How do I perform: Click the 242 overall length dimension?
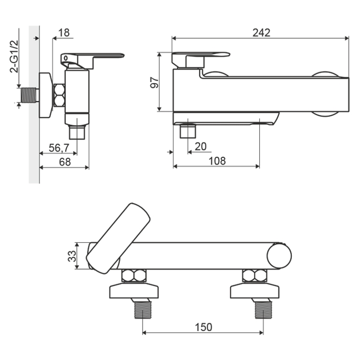[261, 33]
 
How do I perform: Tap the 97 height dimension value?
[155, 83]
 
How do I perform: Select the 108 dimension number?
[217, 161]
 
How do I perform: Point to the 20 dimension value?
[201, 146]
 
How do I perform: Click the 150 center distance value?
[204, 327]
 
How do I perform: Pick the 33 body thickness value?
[72, 256]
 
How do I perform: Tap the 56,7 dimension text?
[59, 148]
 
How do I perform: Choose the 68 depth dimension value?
[65, 162]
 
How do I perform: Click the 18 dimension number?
[64, 33]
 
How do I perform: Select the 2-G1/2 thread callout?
[14, 57]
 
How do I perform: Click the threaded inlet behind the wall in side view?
[30, 95]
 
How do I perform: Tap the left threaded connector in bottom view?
[143, 310]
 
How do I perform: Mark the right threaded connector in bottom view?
[264, 310]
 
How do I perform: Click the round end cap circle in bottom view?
[279, 256]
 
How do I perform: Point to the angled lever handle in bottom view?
[118, 238]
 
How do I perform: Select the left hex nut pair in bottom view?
[134, 276]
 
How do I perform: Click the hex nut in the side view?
[59, 96]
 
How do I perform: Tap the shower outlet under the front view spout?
[188, 131]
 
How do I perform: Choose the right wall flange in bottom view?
[254, 291]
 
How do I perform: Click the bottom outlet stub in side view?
[77, 132]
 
